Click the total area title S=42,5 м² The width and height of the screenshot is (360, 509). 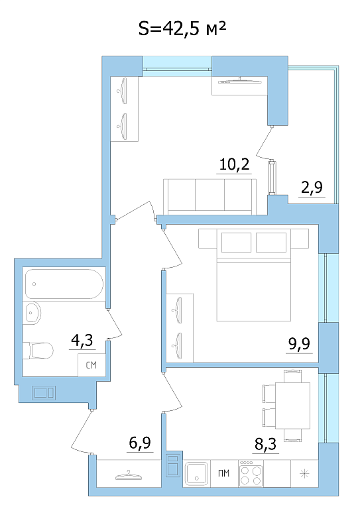(182, 29)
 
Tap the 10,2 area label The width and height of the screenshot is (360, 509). (235, 164)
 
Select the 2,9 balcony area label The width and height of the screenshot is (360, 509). (312, 188)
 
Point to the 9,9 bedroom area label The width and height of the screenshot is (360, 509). (299, 343)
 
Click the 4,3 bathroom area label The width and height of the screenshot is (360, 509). (82, 340)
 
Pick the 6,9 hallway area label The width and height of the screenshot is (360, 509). (140, 443)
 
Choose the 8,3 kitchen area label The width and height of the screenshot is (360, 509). (266, 444)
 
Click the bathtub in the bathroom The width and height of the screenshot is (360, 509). (64, 284)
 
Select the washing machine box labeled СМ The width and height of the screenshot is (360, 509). (91, 365)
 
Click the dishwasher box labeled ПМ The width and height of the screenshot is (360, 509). (224, 473)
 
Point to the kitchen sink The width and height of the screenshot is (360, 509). (196, 474)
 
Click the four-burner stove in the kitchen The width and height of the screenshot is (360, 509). (251, 473)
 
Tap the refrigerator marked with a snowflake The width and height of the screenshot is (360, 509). (304, 473)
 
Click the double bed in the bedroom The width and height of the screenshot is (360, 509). (253, 275)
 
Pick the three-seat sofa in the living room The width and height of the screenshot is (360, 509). (210, 197)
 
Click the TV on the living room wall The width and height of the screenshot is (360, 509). (240, 81)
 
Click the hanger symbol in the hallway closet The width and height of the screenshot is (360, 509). (129, 476)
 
